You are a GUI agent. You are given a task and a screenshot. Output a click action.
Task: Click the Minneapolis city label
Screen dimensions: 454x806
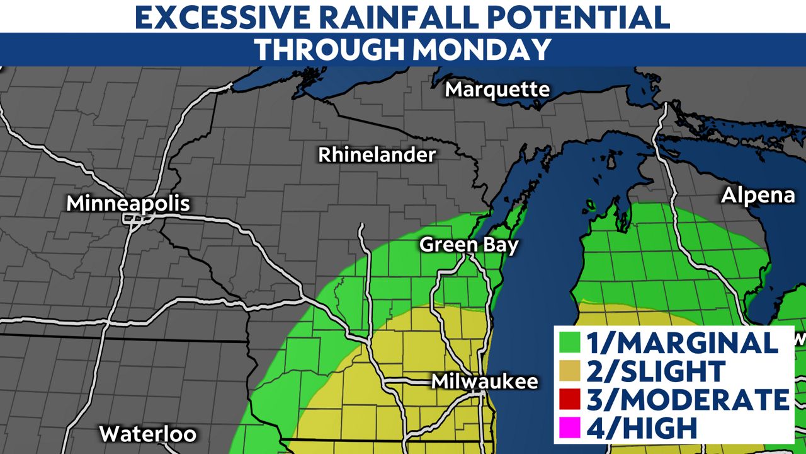coord(128,204)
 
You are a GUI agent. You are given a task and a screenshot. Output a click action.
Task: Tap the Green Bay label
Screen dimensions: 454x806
coord(469,245)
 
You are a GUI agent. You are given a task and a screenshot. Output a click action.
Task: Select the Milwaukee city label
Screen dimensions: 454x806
coord(485,381)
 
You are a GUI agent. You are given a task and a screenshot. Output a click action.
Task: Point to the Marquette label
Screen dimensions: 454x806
coord(497,90)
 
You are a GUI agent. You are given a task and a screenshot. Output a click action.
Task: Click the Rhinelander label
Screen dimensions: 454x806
coord(377,154)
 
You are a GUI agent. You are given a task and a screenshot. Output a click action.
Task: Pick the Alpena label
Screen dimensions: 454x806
coord(758,195)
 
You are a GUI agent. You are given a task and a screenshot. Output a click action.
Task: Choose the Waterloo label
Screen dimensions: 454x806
coord(148,434)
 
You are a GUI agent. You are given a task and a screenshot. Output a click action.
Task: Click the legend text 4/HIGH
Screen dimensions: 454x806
coord(642,428)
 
